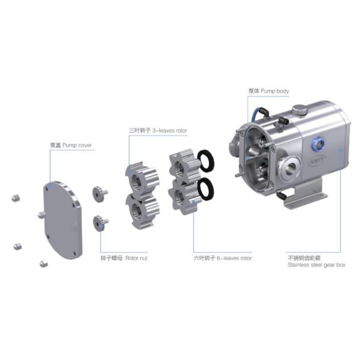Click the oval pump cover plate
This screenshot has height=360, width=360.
[x=62, y=220]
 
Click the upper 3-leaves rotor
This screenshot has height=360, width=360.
[x=142, y=177]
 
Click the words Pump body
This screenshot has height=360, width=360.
[x=276, y=91]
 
